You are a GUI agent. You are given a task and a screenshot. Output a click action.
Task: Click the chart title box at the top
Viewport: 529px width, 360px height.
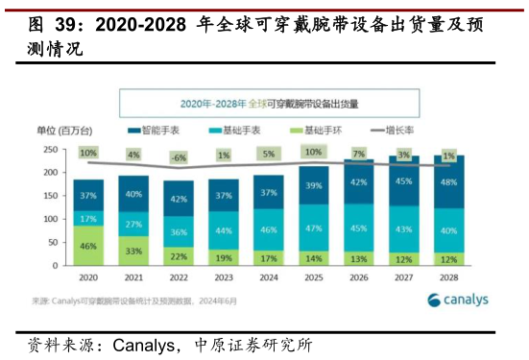[x=268, y=102]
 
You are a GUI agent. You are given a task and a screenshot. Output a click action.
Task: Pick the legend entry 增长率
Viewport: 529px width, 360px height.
[x=394, y=130]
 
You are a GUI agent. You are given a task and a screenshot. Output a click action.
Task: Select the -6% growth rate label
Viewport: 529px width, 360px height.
[x=178, y=157]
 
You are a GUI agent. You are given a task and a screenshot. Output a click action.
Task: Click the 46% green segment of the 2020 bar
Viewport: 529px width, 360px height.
[x=88, y=246]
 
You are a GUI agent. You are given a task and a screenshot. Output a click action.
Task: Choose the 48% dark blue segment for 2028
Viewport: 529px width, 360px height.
[x=448, y=181]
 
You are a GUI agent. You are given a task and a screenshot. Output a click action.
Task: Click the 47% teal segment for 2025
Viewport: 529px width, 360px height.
[x=313, y=229]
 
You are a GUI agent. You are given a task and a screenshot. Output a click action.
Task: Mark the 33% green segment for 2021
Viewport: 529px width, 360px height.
[x=133, y=251]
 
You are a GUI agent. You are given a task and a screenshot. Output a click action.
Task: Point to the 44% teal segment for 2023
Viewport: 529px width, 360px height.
[x=223, y=230]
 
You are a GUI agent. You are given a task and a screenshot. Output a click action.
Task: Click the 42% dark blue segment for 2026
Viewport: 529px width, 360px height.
[x=358, y=182]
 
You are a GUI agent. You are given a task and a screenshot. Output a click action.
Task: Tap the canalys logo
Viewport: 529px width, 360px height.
[x=458, y=300]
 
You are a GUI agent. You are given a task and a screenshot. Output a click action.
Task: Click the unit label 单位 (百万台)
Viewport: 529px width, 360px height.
[x=64, y=130]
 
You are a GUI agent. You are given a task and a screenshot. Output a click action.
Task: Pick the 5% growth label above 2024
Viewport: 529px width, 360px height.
[x=268, y=154]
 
